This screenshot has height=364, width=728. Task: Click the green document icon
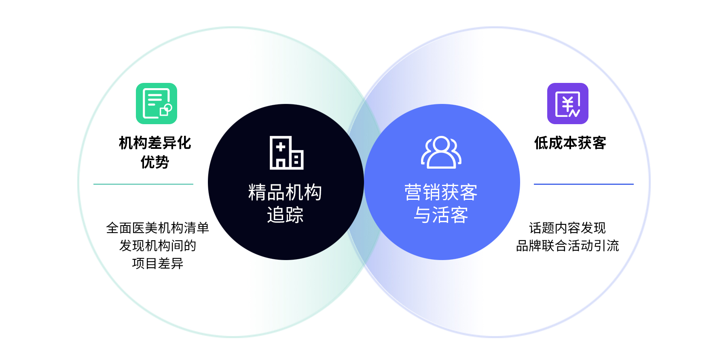point(157,104)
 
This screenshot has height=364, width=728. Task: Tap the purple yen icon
point(567,104)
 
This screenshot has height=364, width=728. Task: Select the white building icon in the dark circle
point(286,152)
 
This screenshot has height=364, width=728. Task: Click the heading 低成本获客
point(570,143)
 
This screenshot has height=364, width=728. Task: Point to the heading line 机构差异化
point(154,143)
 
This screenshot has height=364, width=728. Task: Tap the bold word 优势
point(154,162)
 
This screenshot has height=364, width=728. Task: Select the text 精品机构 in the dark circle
point(285,192)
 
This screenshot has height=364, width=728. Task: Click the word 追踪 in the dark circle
point(285,215)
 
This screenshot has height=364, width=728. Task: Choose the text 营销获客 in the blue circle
point(441,192)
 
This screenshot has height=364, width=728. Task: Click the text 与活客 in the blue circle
point(441,215)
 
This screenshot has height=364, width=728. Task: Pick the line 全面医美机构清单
point(157,228)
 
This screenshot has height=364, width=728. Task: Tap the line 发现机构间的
point(157,245)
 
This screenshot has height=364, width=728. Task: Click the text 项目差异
point(157,263)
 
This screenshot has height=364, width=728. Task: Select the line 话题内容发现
point(567,228)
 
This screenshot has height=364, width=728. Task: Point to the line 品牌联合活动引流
point(567,245)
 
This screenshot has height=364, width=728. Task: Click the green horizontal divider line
point(143,184)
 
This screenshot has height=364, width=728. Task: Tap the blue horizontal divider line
point(584,184)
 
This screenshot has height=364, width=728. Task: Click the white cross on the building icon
point(281,148)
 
